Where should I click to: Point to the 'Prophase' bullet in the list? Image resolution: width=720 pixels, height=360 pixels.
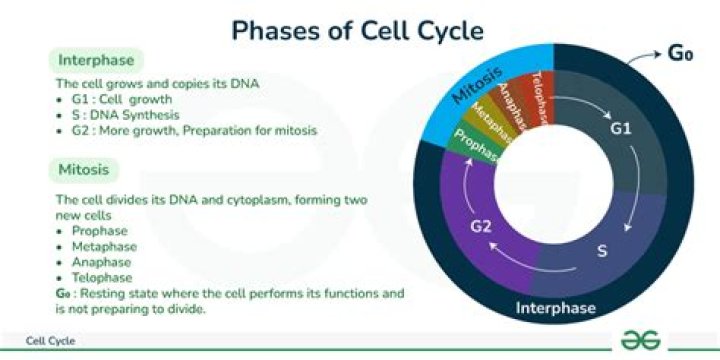click(x=100, y=231)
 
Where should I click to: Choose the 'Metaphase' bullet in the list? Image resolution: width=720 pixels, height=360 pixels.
click(x=104, y=246)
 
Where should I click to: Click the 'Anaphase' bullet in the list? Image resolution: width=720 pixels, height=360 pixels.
click(x=101, y=261)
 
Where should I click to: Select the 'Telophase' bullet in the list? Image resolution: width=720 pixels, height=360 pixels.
click(x=102, y=276)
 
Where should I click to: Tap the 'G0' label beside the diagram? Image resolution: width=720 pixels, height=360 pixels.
click(x=680, y=53)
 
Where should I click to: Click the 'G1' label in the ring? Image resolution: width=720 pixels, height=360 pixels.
click(x=621, y=129)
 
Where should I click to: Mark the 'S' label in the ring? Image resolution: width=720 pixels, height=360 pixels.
click(x=602, y=250)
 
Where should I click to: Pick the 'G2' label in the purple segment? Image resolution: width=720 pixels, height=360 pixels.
click(x=482, y=227)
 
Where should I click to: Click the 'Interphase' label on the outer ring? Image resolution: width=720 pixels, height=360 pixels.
click(x=556, y=307)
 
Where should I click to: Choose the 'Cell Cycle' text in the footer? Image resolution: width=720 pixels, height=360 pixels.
click(x=50, y=341)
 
